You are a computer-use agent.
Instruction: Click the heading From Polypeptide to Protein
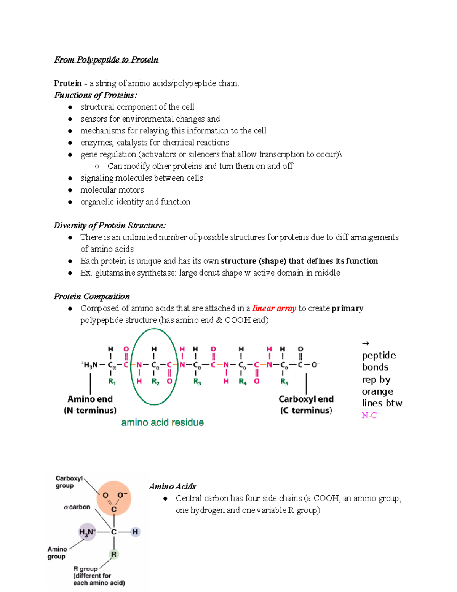click(x=106, y=60)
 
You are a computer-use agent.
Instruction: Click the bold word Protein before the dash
click(x=68, y=83)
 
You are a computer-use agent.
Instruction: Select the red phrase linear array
click(x=274, y=308)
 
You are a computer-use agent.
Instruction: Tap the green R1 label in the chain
click(x=112, y=381)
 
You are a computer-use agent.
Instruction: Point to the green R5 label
click(x=284, y=381)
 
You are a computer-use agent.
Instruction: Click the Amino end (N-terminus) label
click(x=90, y=404)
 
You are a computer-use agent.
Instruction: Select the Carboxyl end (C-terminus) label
click(x=306, y=404)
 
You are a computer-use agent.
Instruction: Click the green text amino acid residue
click(x=162, y=422)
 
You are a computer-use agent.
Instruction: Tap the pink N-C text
click(x=369, y=416)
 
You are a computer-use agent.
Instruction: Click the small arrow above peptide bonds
click(x=366, y=343)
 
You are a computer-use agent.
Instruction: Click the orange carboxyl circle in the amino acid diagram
click(x=114, y=498)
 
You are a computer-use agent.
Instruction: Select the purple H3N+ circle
click(x=87, y=532)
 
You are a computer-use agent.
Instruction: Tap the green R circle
click(x=114, y=554)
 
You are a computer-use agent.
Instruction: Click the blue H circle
click(x=135, y=532)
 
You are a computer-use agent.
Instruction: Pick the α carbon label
click(x=77, y=507)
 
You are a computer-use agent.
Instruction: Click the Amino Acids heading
click(x=173, y=486)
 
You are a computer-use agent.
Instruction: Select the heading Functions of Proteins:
click(x=96, y=95)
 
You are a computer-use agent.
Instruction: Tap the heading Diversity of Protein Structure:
click(x=110, y=225)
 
